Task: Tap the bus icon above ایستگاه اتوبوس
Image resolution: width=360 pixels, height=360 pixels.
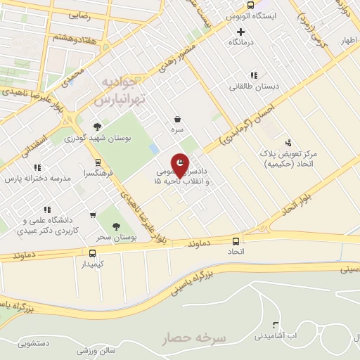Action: coord(230,3)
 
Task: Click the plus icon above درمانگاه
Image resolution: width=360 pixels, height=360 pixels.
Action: coord(241,32)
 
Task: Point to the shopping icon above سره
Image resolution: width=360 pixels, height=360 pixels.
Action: coord(179,120)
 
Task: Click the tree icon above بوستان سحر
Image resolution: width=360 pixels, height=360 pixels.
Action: coord(116,226)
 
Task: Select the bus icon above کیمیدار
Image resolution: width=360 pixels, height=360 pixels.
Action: coord(92,252)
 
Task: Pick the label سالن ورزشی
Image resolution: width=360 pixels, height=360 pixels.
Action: coord(92,349)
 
